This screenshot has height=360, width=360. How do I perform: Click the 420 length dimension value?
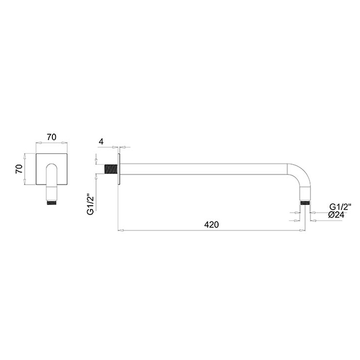click(x=211, y=225)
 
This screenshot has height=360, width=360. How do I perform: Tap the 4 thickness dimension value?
click(x=101, y=141)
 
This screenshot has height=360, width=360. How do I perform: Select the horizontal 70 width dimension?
click(x=51, y=137)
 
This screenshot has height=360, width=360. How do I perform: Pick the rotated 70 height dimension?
click(x=20, y=169)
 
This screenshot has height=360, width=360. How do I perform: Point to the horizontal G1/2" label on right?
click(x=340, y=207)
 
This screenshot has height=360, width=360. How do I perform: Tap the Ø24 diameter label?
click(x=336, y=215)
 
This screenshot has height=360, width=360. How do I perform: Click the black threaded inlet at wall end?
click(x=111, y=169)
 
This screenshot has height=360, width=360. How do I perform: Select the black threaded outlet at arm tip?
click(x=305, y=203)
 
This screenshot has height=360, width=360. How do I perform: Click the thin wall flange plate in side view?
click(x=119, y=169)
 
